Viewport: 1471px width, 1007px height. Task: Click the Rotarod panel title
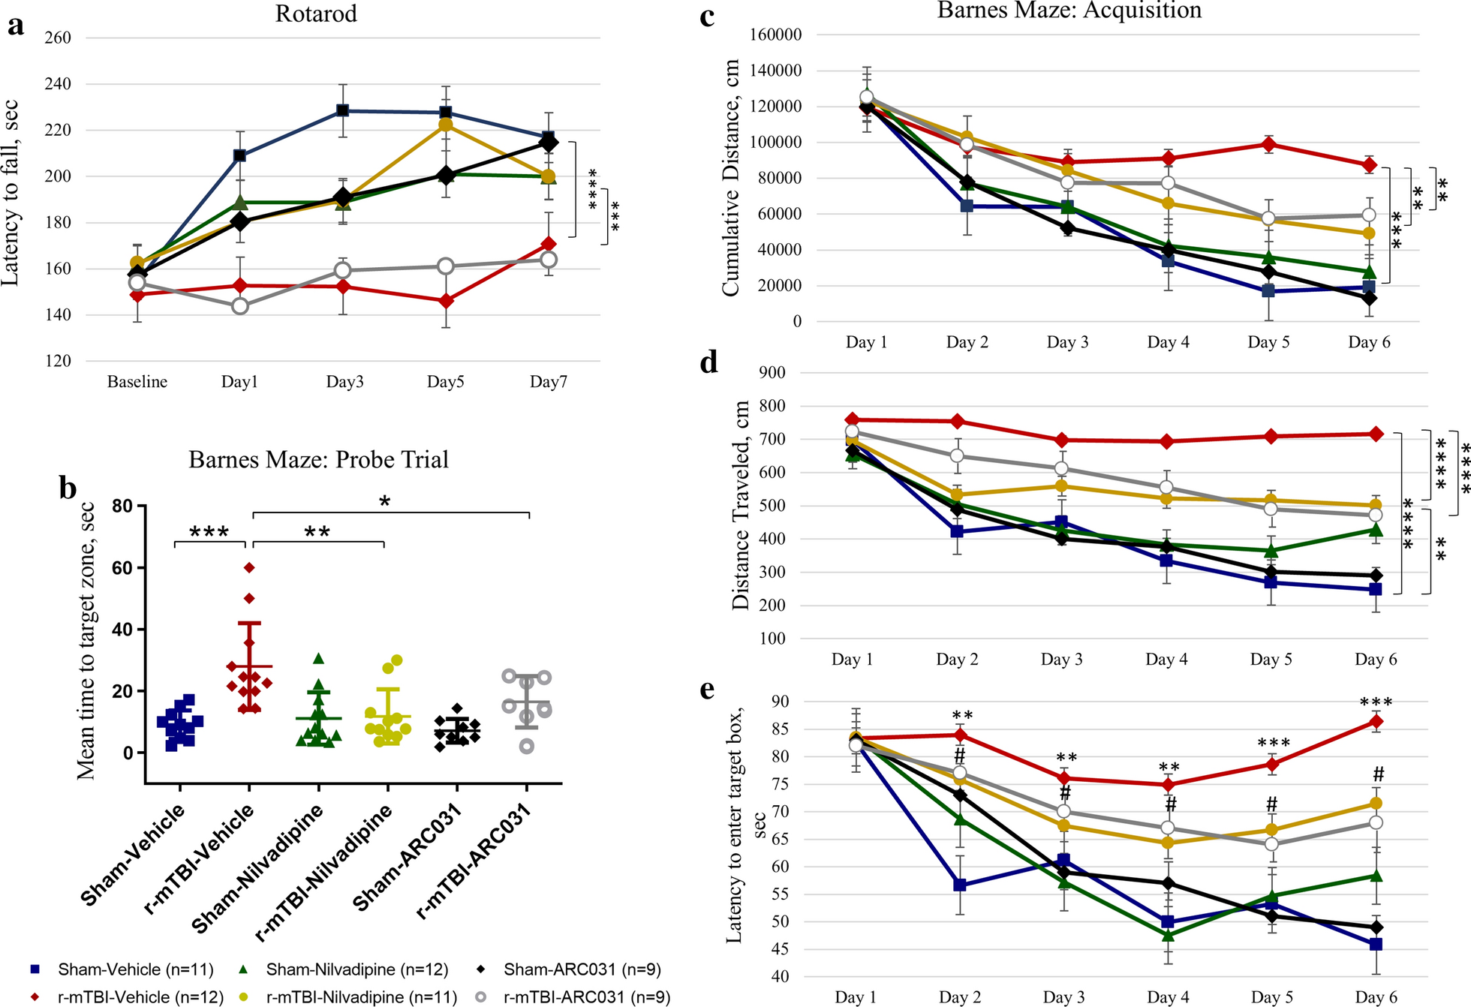(x=316, y=14)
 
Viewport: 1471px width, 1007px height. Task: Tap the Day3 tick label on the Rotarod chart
(x=344, y=382)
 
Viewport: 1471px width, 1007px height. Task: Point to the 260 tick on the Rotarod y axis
(x=59, y=38)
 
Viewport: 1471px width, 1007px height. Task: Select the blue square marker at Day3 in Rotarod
(x=342, y=110)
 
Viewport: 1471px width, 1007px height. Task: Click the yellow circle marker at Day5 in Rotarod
(x=445, y=125)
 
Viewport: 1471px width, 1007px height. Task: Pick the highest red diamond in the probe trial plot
(x=250, y=567)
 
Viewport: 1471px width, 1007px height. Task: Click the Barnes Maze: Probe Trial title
(x=318, y=459)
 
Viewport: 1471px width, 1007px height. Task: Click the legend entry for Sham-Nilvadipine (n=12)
(x=356, y=969)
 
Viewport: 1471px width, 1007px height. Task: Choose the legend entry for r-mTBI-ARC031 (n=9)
(x=585, y=997)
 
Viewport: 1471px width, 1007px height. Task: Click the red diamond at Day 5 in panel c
(x=1268, y=145)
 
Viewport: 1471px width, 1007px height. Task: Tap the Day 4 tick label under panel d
(x=1166, y=660)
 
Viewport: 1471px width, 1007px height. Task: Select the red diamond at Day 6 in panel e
(x=1376, y=722)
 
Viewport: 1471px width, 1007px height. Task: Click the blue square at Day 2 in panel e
(x=959, y=885)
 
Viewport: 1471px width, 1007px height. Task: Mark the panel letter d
(x=708, y=362)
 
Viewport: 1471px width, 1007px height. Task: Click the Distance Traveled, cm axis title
(x=741, y=505)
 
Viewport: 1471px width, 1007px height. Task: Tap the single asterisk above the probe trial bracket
(x=385, y=501)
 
